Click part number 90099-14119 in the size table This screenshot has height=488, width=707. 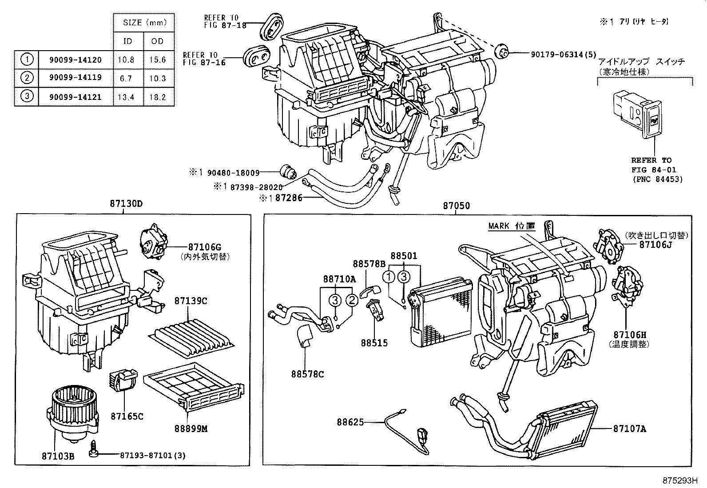(75, 77)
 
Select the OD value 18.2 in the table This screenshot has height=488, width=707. (157, 97)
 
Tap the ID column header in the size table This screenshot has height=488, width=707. (127, 41)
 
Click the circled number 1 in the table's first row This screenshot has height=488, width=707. (27, 59)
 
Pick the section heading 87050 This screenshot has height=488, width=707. (456, 206)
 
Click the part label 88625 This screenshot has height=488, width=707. (350, 422)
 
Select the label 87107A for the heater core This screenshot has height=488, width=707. (629, 428)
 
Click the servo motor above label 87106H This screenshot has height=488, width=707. (626, 286)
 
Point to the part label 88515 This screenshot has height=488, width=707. (374, 343)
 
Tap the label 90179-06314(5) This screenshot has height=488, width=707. (564, 54)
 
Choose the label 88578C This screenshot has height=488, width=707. (307, 374)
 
